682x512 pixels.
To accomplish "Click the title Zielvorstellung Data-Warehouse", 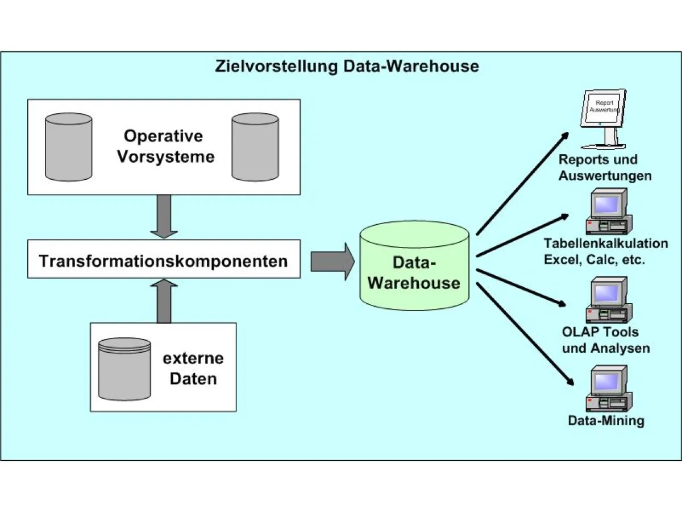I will point(347,66).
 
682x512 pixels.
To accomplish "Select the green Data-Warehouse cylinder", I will point(414,265).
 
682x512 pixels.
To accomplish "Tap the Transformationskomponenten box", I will point(164,261).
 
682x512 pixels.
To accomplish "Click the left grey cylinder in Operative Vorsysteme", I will point(68,147).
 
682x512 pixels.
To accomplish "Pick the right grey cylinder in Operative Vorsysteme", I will point(255,147).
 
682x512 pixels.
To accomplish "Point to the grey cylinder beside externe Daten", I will point(124,369).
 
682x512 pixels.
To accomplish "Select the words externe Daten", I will point(193,369).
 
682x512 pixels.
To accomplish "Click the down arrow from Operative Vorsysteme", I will point(164,216).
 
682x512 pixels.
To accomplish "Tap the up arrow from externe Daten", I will point(164,300).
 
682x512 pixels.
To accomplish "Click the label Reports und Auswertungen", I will point(605,167).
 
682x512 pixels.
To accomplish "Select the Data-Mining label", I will point(606,421).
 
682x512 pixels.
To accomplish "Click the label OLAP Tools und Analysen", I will point(606,340).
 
